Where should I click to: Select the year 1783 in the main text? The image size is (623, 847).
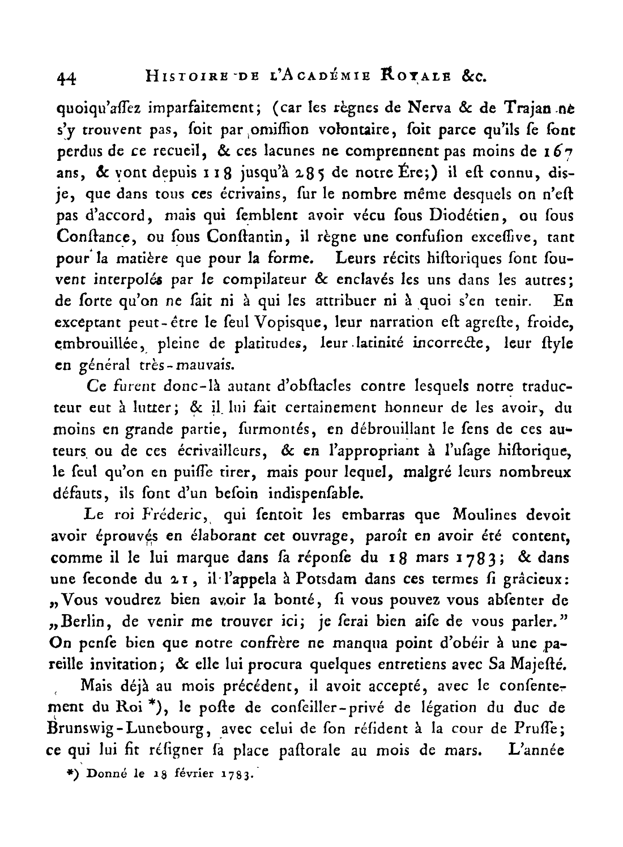coord(490,557)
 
